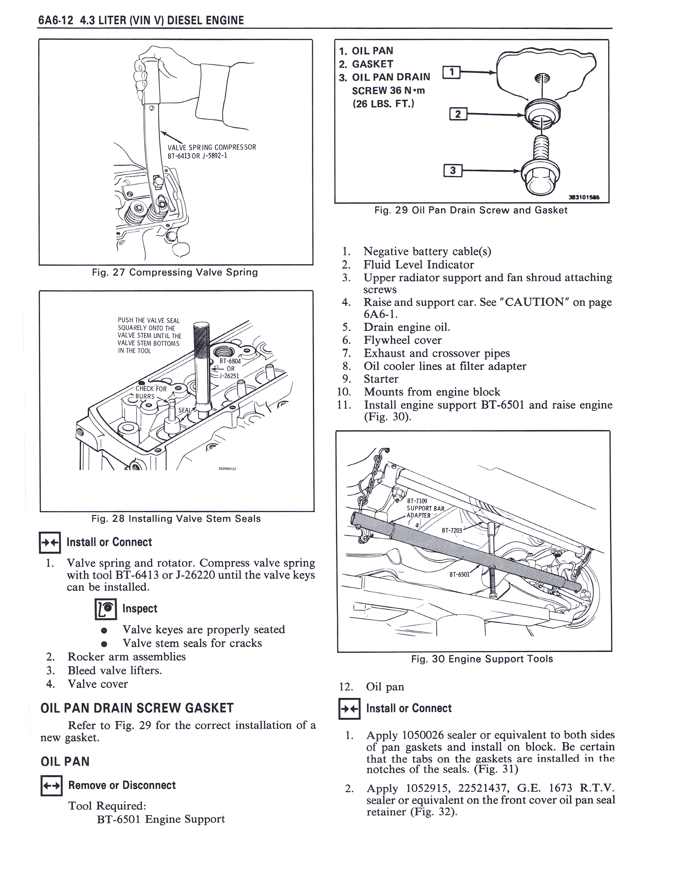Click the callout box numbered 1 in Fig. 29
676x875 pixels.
452,72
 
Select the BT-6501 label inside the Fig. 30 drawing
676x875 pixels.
459,574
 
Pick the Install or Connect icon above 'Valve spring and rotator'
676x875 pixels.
50,542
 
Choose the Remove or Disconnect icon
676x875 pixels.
51,786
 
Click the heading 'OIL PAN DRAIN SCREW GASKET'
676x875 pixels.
137,708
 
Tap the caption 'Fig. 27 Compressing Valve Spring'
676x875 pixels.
175,272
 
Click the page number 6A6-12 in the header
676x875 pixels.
56,20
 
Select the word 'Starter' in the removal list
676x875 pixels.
381,379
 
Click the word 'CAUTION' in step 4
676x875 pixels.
534,302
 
